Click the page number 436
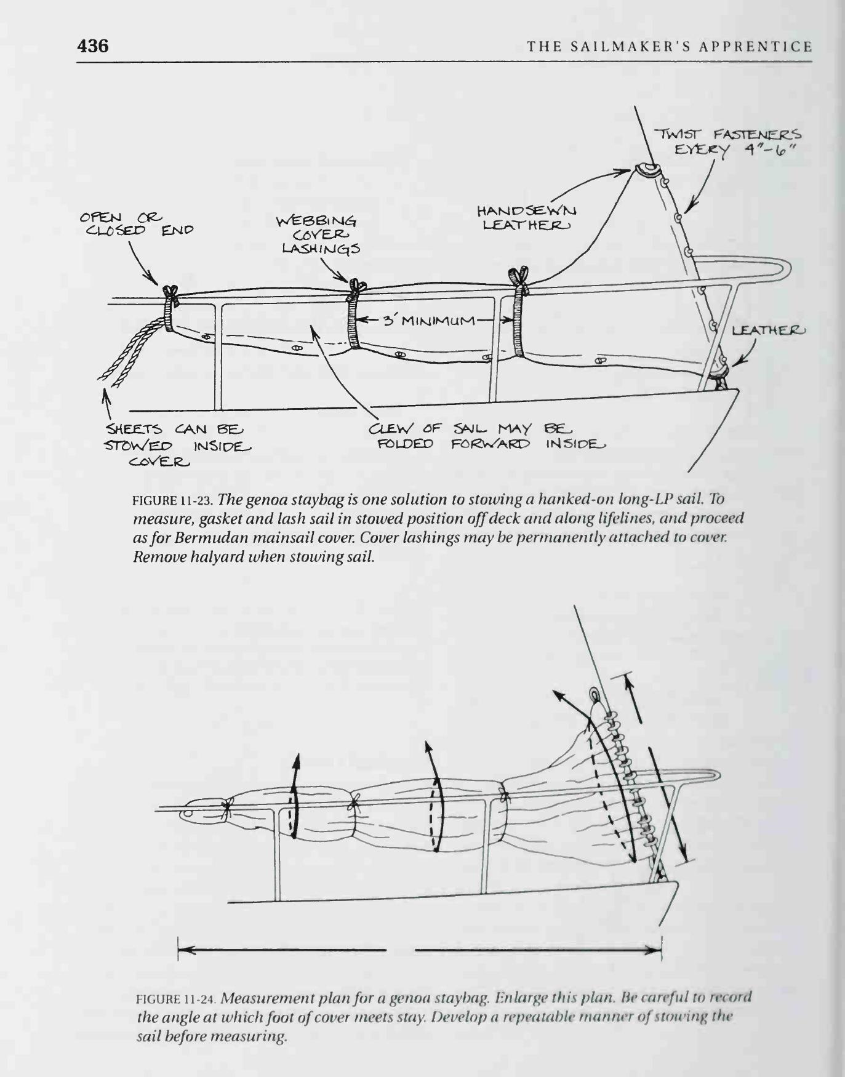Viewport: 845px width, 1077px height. pos(93,46)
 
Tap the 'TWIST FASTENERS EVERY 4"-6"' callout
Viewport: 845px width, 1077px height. pos(727,142)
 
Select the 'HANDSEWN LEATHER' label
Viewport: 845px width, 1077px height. pos(526,218)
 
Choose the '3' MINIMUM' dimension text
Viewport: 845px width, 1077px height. pos(430,321)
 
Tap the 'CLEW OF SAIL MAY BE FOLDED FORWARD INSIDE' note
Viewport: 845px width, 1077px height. pos(486,436)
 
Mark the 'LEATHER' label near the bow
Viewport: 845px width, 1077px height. pos(768,331)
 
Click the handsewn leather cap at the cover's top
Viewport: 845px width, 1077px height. pos(646,170)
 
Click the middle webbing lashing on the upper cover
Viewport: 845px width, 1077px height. pos(353,314)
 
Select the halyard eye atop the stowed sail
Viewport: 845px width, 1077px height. pos(595,696)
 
